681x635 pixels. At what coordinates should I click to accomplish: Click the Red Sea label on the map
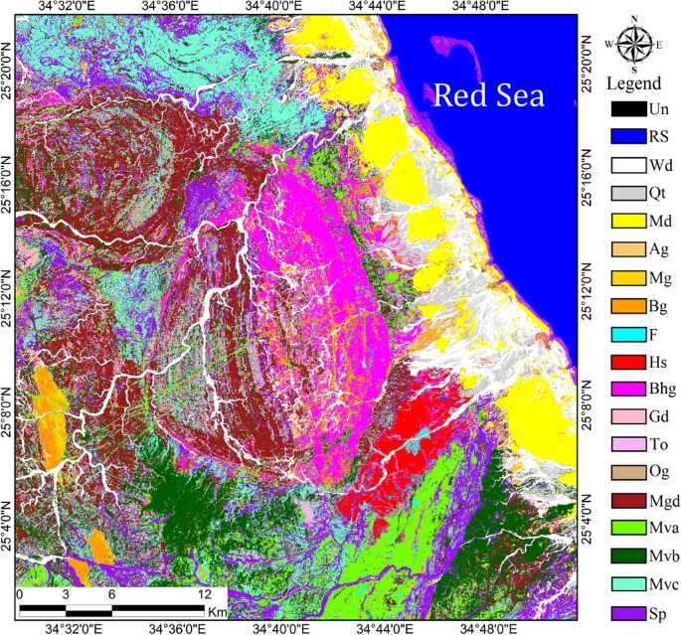point(490,95)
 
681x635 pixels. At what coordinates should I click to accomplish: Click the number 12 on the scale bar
point(205,593)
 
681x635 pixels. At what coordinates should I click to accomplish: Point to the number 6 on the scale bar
point(111,593)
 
